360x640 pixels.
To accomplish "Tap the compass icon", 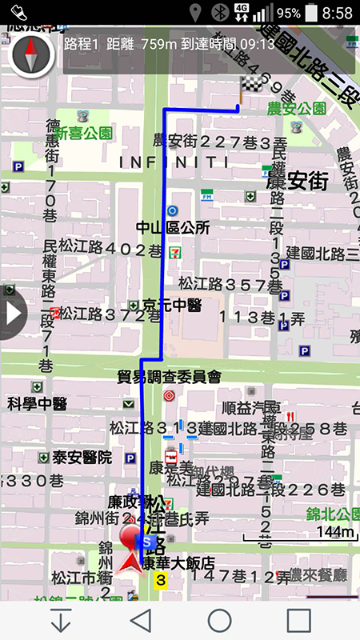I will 32,54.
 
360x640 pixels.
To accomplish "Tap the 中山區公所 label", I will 173,228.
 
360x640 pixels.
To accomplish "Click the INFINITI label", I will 174,162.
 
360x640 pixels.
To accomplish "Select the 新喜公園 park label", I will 84,134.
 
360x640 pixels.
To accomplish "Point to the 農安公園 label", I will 297,108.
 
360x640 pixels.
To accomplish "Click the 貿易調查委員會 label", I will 169,376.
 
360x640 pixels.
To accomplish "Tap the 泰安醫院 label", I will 82,458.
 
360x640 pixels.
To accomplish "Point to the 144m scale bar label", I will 336,531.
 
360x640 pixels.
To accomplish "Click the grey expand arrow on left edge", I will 11,312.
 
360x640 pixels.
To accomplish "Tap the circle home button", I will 220,620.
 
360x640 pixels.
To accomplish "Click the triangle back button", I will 142,620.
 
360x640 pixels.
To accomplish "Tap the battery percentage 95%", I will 289,14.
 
